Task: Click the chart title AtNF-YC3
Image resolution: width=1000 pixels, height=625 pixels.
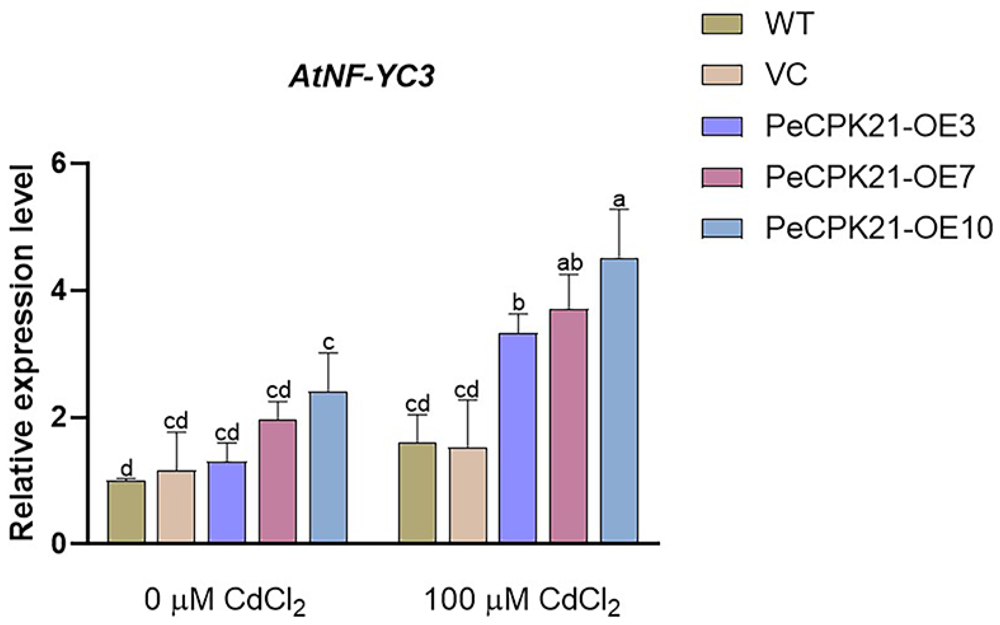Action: click(362, 77)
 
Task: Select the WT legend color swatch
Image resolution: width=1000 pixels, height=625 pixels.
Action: click(722, 24)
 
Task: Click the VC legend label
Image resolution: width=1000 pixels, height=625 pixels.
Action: click(787, 75)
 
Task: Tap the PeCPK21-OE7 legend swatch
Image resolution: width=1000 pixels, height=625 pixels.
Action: click(722, 177)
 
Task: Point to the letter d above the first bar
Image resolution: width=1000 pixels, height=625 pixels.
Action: click(127, 469)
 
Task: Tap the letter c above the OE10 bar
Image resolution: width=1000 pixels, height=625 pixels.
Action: click(328, 342)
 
